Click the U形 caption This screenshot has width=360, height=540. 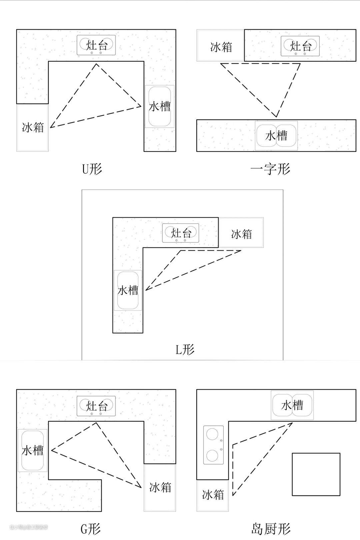(92, 169)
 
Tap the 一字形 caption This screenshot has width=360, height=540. (270, 169)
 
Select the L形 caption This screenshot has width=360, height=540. (185, 349)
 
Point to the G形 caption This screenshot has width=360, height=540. (91, 529)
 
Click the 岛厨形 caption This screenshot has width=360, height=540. (271, 529)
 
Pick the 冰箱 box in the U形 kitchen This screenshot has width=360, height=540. (33, 128)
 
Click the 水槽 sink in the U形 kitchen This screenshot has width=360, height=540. (160, 107)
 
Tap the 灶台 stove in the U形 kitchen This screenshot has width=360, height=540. (96, 45)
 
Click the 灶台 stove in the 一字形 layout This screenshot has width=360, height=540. (300, 46)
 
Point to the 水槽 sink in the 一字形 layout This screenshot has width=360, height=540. (276, 136)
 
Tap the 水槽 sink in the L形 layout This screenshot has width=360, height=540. (128, 290)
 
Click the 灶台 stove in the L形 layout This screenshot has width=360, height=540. (181, 233)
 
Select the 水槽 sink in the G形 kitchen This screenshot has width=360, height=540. (33, 450)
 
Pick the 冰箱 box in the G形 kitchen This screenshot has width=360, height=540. (160, 488)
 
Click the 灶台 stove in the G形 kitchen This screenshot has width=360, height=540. (96, 406)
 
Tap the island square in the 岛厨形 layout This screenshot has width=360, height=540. (316, 474)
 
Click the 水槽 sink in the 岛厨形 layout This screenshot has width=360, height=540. (292, 405)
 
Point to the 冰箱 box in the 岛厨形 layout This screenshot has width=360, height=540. (213, 495)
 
